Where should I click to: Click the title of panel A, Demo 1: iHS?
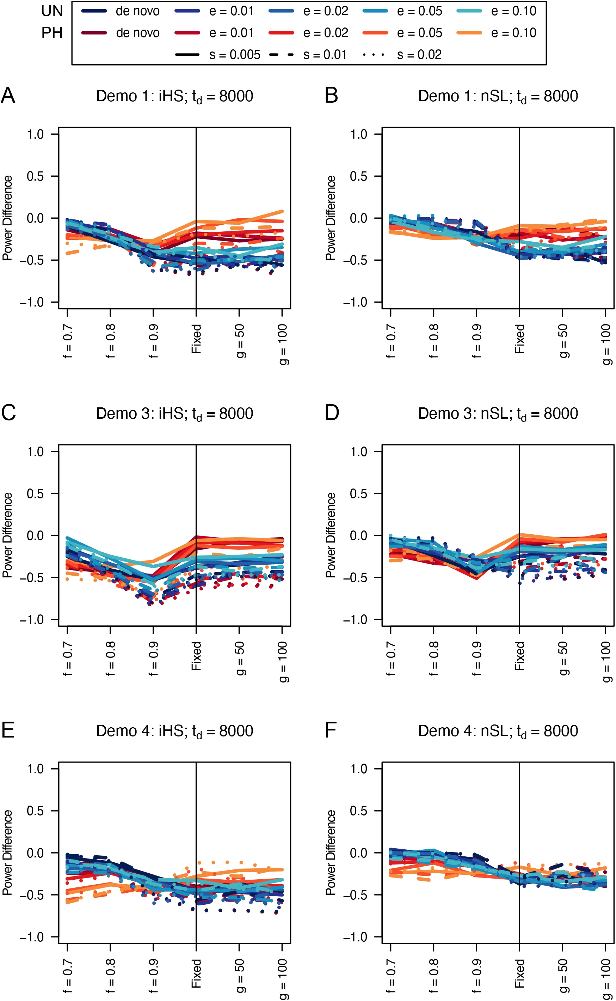pyautogui.click(x=174, y=97)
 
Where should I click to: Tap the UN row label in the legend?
pyautogui.click(x=52, y=11)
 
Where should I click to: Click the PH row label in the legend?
pyautogui.click(x=52, y=33)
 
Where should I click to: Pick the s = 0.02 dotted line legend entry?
pyautogui.click(x=419, y=55)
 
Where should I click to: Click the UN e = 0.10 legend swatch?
pyautogui.click(x=469, y=11)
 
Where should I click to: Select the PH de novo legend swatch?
pyautogui.click(x=94, y=32)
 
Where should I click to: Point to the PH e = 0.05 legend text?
pyautogui.click(x=420, y=33)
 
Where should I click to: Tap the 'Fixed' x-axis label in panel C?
pyautogui.click(x=196, y=656)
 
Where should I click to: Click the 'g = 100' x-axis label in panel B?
pyautogui.click(x=606, y=344)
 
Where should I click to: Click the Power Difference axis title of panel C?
pyautogui.click(x=7, y=535)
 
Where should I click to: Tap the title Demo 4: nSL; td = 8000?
pyautogui.click(x=498, y=731)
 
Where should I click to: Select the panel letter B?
pyautogui.click(x=331, y=96)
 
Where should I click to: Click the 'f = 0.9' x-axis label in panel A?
pyautogui.click(x=153, y=341)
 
